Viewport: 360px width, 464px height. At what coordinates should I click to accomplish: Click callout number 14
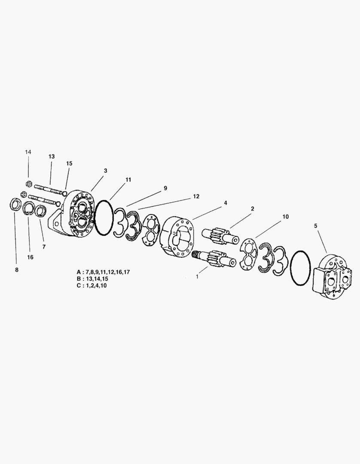[x=28, y=152]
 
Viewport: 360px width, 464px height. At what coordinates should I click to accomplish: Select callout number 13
[x=52, y=156]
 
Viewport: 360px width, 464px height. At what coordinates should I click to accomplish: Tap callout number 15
[x=69, y=163]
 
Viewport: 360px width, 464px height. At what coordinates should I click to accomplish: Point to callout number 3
[x=105, y=171]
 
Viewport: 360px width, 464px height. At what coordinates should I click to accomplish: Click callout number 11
[x=128, y=180]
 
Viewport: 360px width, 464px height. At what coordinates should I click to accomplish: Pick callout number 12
[x=196, y=196]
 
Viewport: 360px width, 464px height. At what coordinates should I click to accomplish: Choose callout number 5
[x=316, y=226]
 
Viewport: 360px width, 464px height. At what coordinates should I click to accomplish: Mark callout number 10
[x=285, y=217]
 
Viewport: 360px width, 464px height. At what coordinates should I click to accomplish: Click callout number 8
[x=17, y=270]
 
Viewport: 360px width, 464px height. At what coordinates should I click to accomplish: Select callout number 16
[x=30, y=257]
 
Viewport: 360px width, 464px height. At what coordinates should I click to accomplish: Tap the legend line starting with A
[x=103, y=272]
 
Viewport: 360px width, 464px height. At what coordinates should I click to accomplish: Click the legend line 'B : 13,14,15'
[x=92, y=279]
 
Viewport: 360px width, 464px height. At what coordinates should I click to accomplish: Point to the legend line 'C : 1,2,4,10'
[x=92, y=286]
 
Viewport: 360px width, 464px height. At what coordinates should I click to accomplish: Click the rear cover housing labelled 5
[x=332, y=277]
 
